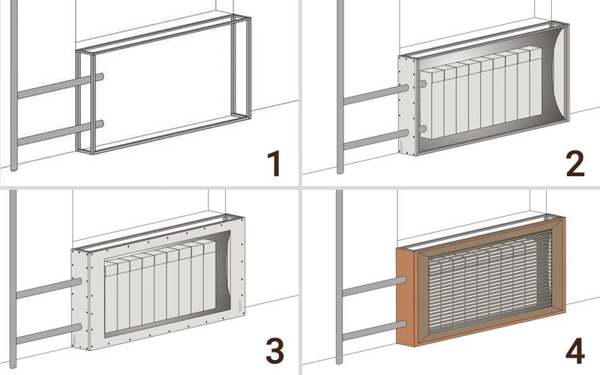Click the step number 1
point(274,163)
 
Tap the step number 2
point(575,163)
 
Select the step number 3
point(274,351)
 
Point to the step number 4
point(575,351)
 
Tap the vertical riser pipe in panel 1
point(13,85)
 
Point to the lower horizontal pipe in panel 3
point(49,334)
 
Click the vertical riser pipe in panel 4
point(340,277)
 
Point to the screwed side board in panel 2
point(407,105)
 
